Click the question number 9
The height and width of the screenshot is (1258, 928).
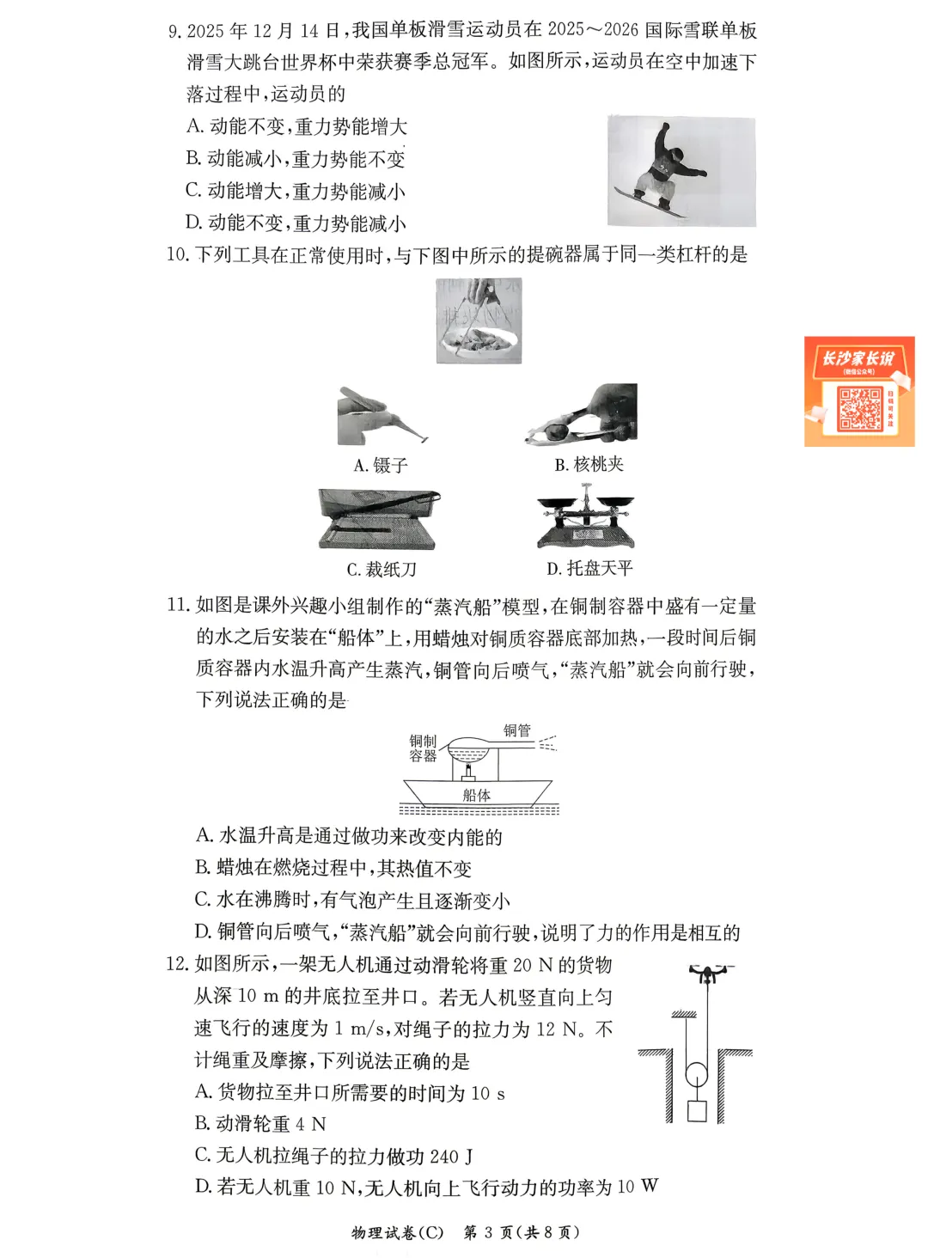[174, 32]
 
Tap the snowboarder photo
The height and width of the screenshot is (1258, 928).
[681, 171]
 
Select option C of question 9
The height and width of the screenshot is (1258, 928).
[295, 191]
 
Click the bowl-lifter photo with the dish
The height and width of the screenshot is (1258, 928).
[479, 321]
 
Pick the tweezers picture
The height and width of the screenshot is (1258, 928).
[382, 416]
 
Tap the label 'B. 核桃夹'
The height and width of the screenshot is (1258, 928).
[589, 465]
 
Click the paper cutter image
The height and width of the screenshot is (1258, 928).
[378, 518]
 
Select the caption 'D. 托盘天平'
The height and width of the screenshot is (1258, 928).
[589, 568]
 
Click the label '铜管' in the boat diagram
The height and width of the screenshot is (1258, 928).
[517, 730]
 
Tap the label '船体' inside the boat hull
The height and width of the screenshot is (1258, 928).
[476, 795]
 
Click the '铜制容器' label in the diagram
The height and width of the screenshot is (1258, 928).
[423, 748]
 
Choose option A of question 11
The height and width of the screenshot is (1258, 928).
[349, 835]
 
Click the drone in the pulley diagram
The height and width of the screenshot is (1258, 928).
[707, 974]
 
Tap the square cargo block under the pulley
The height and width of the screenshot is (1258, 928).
[696, 1110]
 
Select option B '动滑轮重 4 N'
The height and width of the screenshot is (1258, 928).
[260, 1124]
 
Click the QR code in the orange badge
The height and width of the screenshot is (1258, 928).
[859, 408]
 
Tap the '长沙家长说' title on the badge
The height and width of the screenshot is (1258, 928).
[858, 358]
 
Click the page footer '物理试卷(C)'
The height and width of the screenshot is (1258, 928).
[397, 1232]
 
